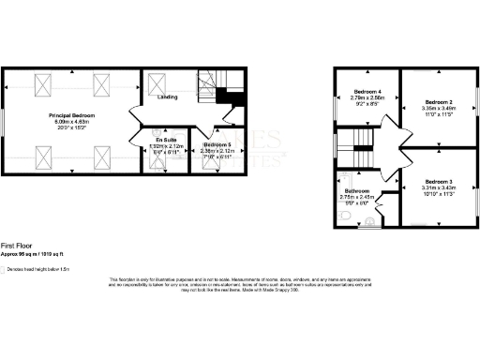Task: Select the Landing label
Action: click(x=169, y=97)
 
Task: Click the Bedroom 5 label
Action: click(x=217, y=144)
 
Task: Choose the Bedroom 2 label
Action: click(x=439, y=101)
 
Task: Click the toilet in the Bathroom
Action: click(x=344, y=216)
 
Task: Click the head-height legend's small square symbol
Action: click(x=3, y=268)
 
